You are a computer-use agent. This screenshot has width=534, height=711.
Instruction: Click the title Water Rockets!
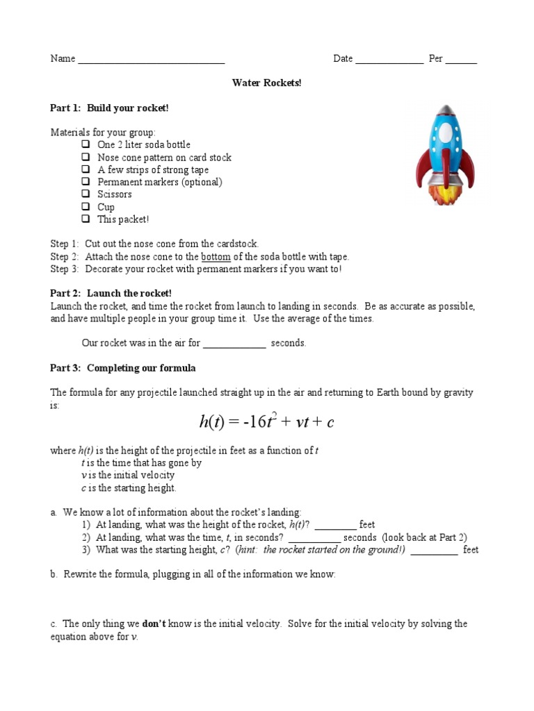(267, 83)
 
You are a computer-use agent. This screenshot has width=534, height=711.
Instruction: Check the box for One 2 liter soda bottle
(86, 144)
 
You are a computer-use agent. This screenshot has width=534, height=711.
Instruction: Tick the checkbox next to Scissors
(86, 194)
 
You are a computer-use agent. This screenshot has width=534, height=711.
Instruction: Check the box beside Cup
(86, 207)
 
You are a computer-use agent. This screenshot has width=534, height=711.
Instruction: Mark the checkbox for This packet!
(86, 219)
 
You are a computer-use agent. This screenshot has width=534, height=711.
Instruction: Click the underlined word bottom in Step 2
(216, 257)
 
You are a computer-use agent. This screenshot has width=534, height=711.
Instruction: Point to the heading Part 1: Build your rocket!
(109, 108)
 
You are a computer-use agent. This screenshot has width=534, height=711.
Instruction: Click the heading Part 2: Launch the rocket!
(111, 294)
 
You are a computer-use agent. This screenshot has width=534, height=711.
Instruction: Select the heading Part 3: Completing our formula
(123, 368)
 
